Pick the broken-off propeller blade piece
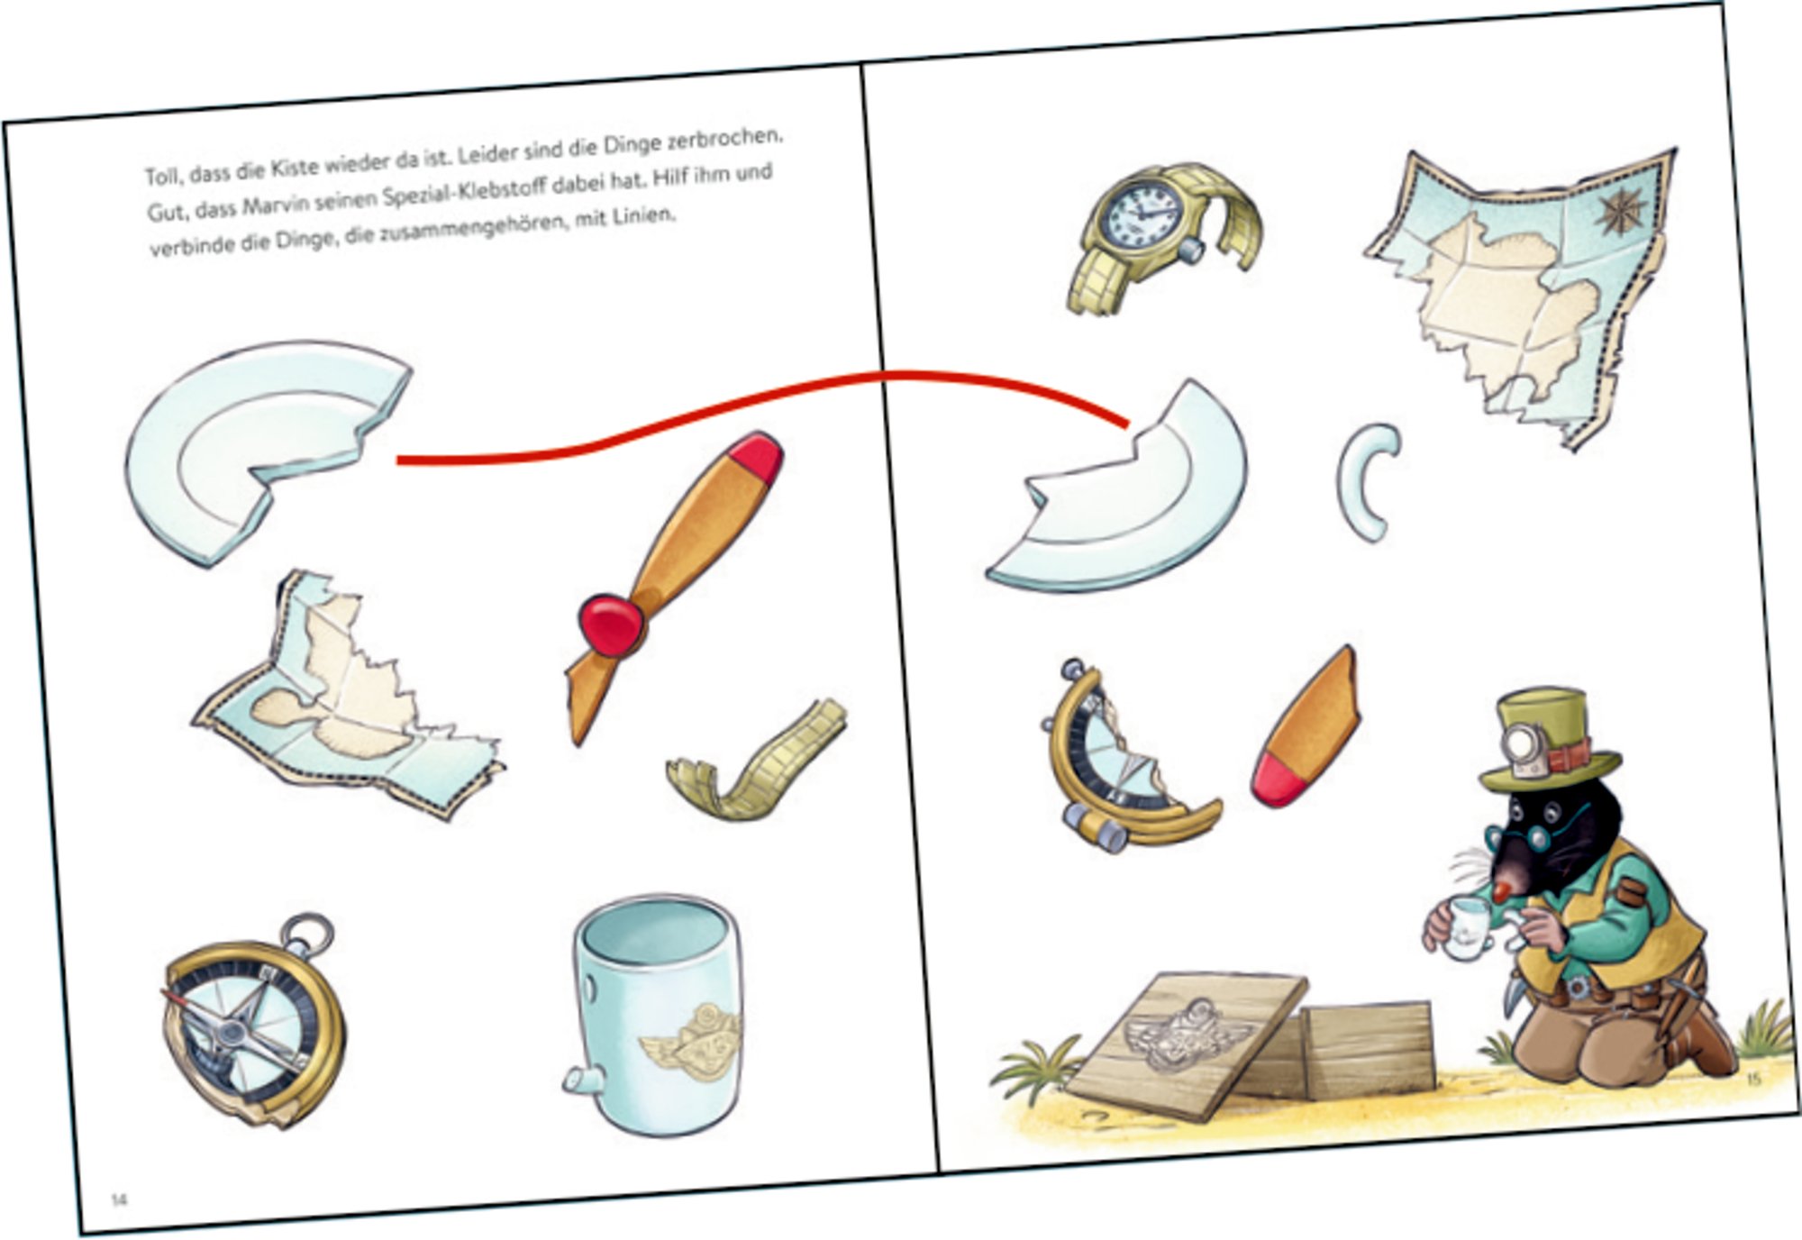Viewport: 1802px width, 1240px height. point(1306,727)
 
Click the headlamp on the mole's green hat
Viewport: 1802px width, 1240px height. point(1526,743)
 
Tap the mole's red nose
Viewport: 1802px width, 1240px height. point(1499,892)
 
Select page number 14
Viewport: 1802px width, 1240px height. point(119,1199)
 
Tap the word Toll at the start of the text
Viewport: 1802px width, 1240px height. point(162,175)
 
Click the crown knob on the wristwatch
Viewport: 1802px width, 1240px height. point(1191,249)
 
